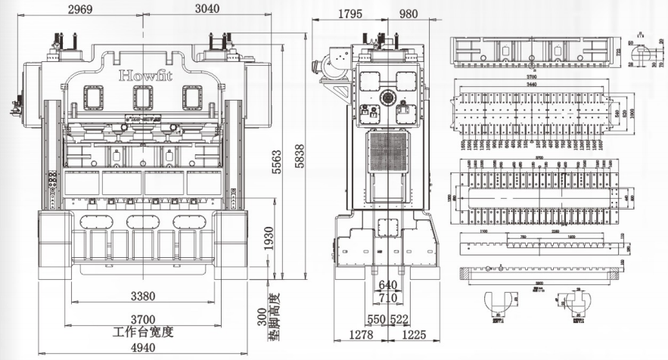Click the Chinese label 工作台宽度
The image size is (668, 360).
click(144, 333)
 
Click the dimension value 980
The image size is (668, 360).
click(407, 13)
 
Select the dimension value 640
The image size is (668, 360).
click(387, 285)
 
